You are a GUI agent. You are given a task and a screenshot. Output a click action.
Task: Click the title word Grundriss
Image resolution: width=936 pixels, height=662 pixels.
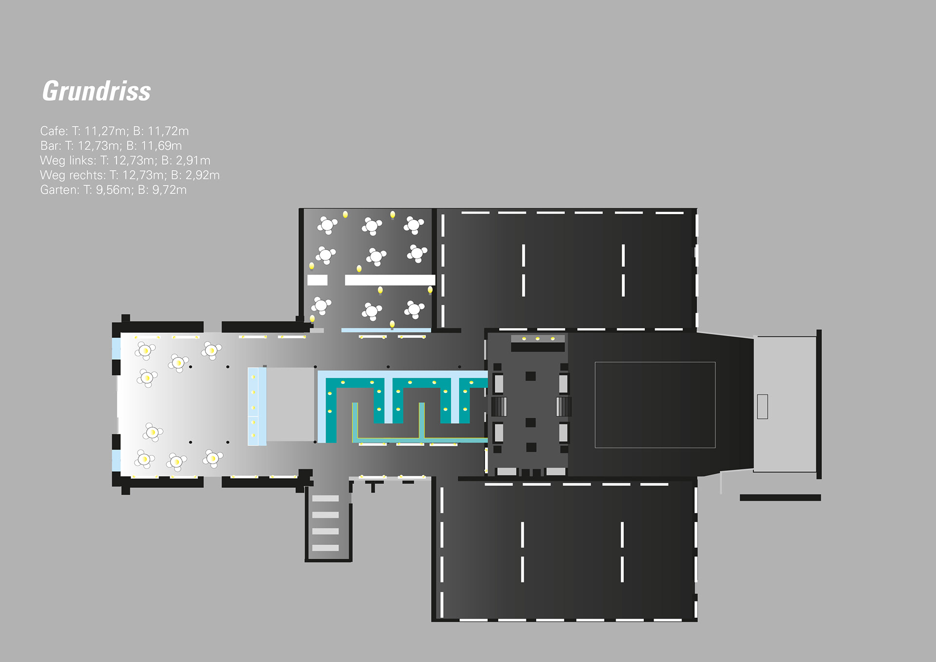pos(97,91)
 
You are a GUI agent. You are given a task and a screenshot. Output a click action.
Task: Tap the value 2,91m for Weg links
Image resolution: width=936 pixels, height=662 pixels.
pos(193,160)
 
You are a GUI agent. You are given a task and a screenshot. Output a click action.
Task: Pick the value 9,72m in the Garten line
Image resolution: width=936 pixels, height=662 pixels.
pos(169,190)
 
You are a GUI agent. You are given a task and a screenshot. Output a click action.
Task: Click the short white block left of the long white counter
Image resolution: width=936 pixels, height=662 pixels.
pos(317,280)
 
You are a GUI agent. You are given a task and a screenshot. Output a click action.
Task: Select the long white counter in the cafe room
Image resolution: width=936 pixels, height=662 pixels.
pos(390,280)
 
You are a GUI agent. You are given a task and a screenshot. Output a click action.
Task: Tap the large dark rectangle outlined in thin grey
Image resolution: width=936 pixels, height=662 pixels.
pos(655,405)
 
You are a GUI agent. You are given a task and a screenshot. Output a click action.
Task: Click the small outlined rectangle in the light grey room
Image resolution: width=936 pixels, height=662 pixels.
pos(762,407)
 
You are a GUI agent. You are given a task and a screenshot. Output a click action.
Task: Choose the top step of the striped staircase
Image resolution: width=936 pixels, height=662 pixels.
pos(325,498)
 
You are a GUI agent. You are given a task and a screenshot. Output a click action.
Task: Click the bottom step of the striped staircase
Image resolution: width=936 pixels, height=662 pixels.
pos(325,548)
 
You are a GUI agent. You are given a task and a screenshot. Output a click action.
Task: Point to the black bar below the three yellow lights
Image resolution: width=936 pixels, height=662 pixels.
pos(538,347)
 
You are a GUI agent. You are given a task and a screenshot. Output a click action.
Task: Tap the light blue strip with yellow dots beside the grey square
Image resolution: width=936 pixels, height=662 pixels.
pos(256,406)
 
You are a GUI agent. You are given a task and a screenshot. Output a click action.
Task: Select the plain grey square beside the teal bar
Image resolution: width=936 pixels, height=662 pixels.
pos(290,405)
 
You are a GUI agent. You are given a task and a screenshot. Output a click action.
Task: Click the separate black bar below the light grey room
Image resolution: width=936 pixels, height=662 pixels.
pos(780,498)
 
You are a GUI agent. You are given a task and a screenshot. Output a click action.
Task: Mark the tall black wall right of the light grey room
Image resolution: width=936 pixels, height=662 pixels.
pos(819,404)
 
